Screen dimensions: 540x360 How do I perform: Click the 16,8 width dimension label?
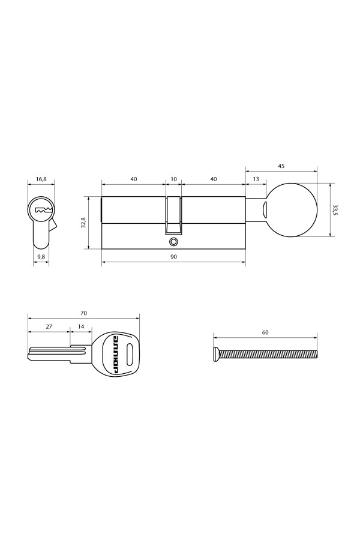(x=41, y=179)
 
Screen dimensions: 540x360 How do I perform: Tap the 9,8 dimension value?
(x=41, y=257)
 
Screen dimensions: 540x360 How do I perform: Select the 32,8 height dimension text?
(x=83, y=223)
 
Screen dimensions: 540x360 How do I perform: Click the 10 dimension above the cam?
(x=174, y=179)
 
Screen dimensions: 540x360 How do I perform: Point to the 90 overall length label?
(x=174, y=257)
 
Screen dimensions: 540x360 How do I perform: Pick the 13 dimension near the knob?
(x=256, y=179)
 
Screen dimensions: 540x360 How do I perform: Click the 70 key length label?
(x=83, y=313)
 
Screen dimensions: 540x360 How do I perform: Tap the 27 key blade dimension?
(x=49, y=327)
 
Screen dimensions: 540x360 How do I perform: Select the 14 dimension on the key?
(x=81, y=327)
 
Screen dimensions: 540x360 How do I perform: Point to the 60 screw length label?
(x=265, y=332)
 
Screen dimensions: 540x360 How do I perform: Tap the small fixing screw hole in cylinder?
(x=174, y=241)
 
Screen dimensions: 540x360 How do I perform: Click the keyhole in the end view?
(x=41, y=211)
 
